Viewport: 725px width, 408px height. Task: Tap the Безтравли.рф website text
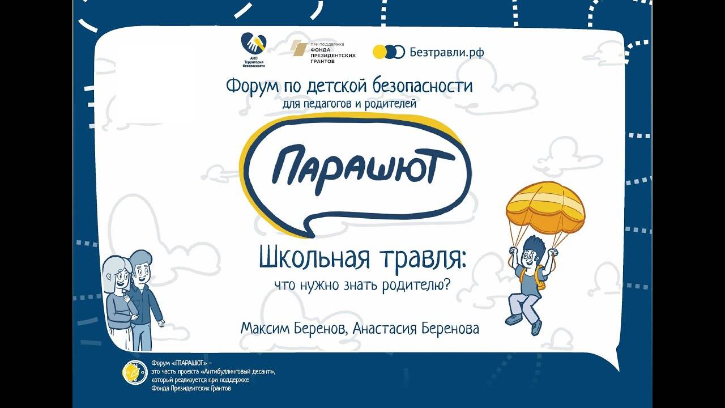[x=447, y=52]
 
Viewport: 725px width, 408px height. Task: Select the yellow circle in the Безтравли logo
[x=379, y=52]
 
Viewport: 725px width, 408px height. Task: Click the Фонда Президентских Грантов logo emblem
[x=298, y=49]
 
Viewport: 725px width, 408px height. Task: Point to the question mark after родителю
[x=447, y=284]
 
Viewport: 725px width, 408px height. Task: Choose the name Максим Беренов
[x=293, y=329]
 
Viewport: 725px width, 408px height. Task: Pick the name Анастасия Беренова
[x=416, y=329]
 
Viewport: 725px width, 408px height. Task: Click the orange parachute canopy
[x=545, y=207]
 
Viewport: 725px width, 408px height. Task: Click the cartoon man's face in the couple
[x=142, y=274]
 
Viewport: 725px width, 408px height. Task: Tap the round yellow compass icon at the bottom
[x=135, y=372]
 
